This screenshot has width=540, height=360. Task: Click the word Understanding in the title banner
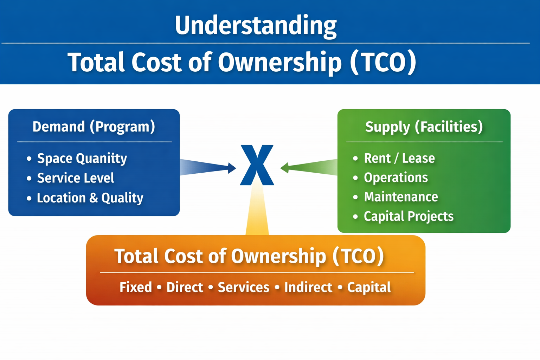pyautogui.click(x=256, y=26)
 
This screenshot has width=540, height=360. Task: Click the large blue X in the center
pyautogui.click(x=257, y=165)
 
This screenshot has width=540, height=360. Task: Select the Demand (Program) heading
pyautogui.click(x=94, y=127)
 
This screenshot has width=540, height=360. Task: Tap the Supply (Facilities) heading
pyautogui.click(x=424, y=127)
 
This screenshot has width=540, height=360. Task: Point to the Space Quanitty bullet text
pyautogui.click(x=82, y=159)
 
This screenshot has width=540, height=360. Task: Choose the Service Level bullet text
pyautogui.click(x=76, y=178)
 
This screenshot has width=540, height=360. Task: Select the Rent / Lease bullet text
pyautogui.click(x=399, y=159)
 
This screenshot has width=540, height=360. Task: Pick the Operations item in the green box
pyautogui.click(x=396, y=178)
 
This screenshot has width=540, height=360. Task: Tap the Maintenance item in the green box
pyautogui.click(x=401, y=197)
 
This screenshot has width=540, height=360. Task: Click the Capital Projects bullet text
pyautogui.click(x=409, y=217)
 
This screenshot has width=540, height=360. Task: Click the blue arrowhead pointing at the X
pyautogui.click(x=232, y=168)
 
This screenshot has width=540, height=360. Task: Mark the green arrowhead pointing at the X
pyautogui.click(x=284, y=168)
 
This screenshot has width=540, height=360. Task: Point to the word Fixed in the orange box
pyautogui.click(x=136, y=288)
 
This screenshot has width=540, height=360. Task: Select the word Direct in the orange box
pyautogui.click(x=185, y=288)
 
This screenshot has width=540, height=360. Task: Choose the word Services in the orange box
pyautogui.click(x=244, y=288)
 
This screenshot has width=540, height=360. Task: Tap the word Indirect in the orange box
pyautogui.click(x=308, y=288)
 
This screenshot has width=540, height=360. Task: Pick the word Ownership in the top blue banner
pyautogui.click(x=279, y=63)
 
